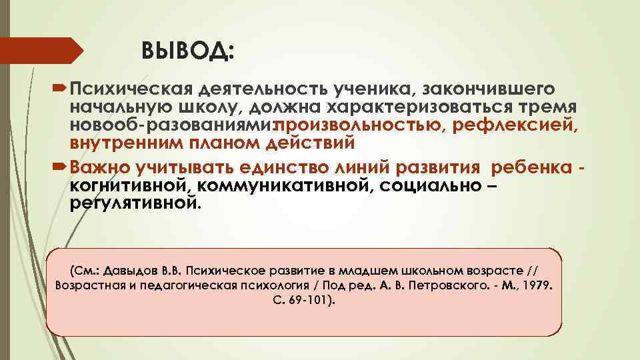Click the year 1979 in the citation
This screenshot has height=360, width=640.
coord(538,285)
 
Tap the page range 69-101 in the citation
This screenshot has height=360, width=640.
coord(311,301)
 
